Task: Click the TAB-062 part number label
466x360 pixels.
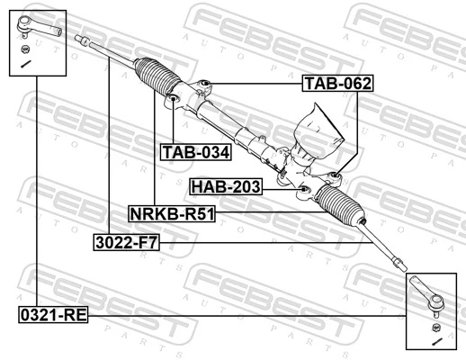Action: pos(336,84)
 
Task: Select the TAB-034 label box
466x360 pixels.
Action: pos(195,151)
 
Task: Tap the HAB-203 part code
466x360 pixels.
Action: pos(226,186)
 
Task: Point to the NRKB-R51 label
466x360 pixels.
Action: pos(172,214)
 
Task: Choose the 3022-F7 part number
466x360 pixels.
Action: pos(126,241)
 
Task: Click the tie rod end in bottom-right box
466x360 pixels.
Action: pos(426,296)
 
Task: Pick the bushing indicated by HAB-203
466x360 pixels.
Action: pos(304,187)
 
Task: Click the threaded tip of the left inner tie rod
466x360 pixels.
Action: pos(82,40)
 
